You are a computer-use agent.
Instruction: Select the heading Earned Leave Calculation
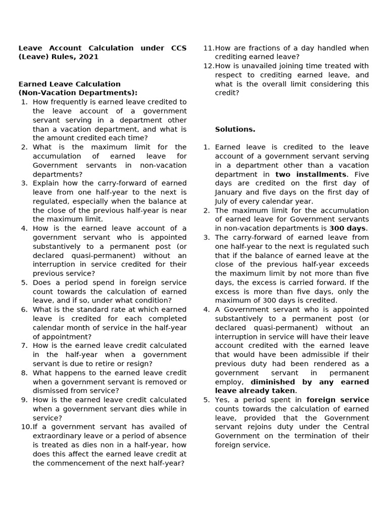[x=70, y=84]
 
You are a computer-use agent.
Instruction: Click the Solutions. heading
[x=235, y=129]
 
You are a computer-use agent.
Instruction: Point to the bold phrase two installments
[x=311, y=174]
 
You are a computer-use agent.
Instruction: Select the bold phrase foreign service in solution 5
[x=337, y=400]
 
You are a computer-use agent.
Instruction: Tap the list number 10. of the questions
[x=26, y=427]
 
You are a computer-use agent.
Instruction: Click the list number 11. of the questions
[x=208, y=48]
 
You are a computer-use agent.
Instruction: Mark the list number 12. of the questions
[x=208, y=66]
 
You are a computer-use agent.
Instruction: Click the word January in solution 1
[x=232, y=192]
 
